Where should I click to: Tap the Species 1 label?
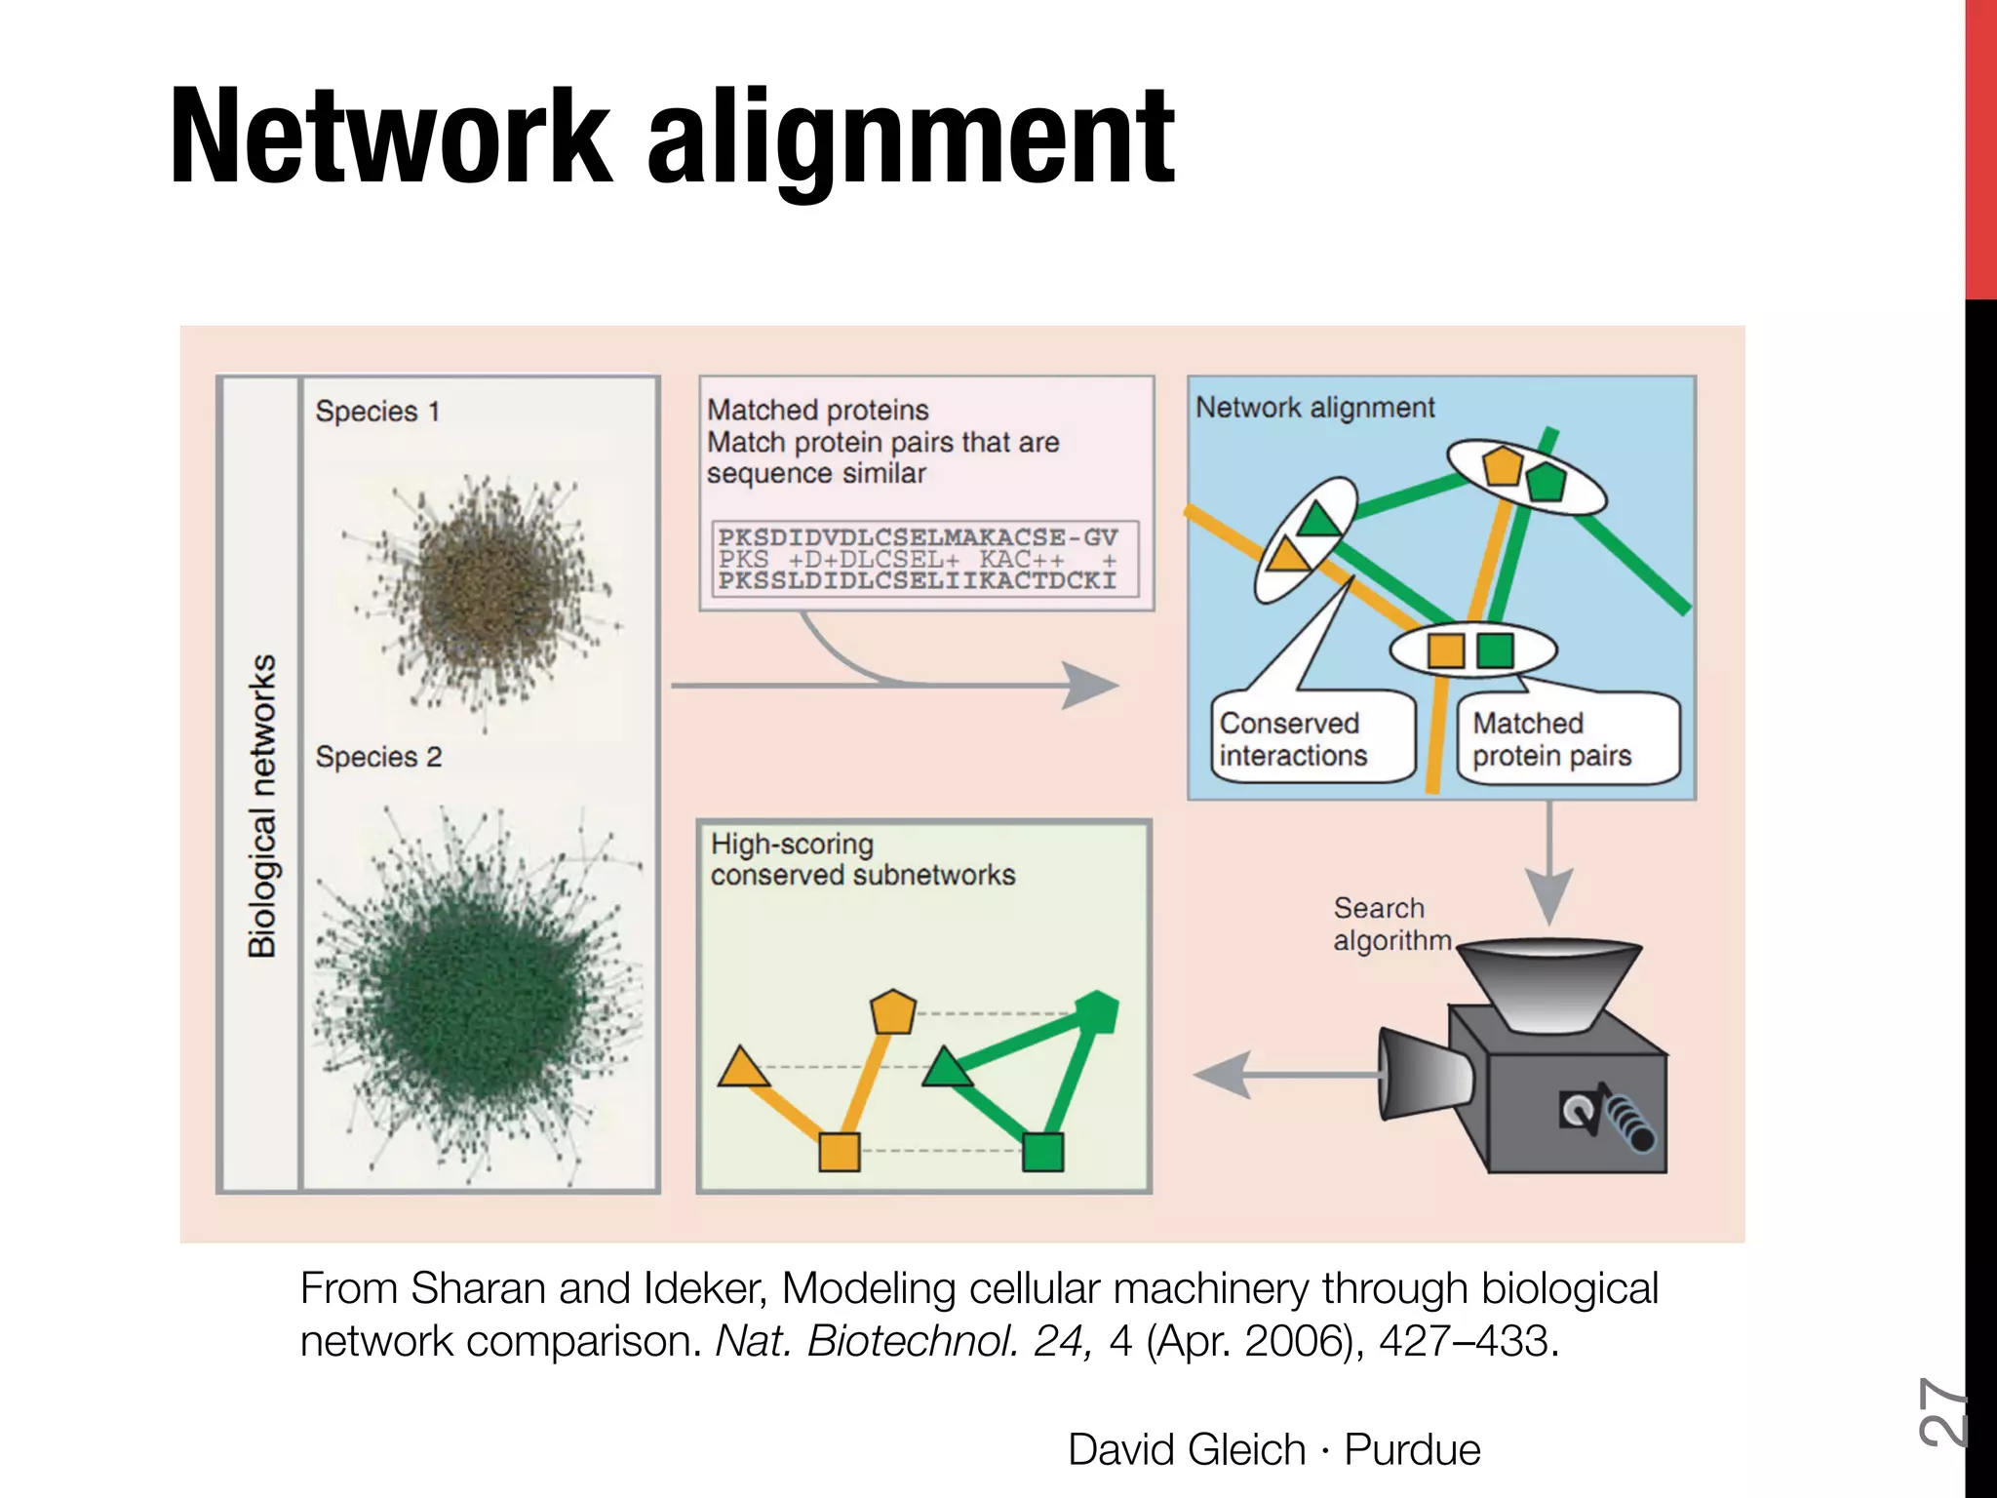(x=377, y=412)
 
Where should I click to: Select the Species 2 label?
(x=378, y=757)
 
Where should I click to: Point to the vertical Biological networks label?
(x=261, y=806)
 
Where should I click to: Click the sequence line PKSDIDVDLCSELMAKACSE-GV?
(x=918, y=537)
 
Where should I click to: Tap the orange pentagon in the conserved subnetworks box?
(x=892, y=1012)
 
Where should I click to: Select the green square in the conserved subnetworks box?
(x=1042, y=1152)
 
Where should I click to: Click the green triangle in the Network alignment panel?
(x=1319, y=519)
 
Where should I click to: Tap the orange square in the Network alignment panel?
(x=1445, y=650)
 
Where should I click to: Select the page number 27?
(x=1941, y=1411)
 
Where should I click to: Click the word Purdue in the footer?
(x=1412, y=1449)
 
